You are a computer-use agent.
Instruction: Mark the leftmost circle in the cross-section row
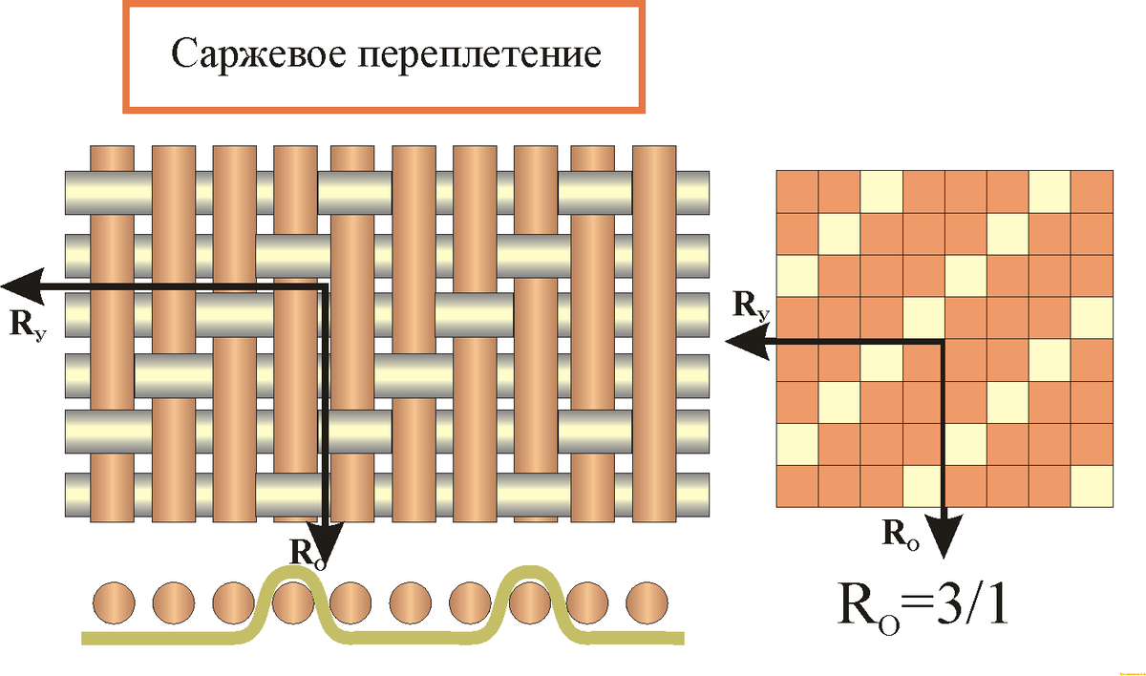[114, 603]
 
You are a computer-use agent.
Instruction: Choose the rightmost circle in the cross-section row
[647, 603]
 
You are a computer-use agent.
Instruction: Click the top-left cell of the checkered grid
[797, 191]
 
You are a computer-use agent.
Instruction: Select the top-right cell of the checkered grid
[1093, 191]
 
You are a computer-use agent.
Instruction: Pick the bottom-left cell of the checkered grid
[797, 486]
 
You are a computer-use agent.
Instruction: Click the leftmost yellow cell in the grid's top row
[881, 191]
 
